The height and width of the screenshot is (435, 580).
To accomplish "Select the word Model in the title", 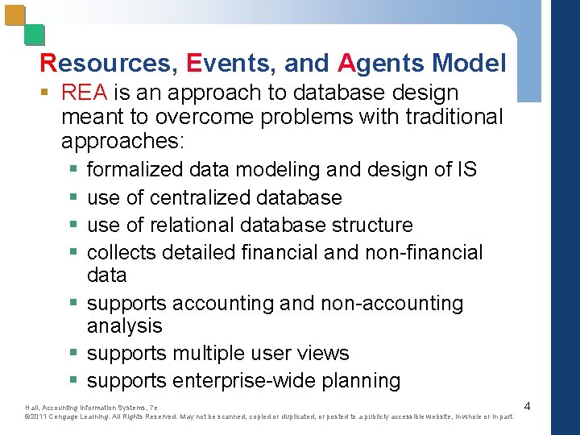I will point(469,63).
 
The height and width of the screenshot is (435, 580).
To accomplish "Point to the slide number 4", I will point(527,406).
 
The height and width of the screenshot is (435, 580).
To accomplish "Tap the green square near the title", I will point(34,35).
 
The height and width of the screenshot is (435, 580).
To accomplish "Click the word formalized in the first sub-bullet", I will point(135,170).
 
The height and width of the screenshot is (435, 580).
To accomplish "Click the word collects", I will point(121,252).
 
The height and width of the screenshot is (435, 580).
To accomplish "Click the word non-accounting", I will point(392,304).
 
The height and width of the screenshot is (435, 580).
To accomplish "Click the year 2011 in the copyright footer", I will point(39,417).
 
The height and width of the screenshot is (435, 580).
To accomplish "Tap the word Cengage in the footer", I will point(66,417).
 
